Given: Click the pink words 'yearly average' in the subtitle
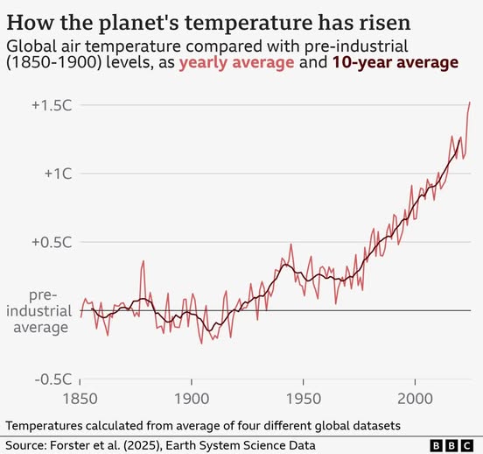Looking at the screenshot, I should pyautogui.click(x=229, y=62).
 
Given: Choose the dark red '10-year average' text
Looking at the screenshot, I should pyautogui.click(x=397, y=62).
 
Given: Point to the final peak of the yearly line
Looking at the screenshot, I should pyautogui.click(x=470, y=103).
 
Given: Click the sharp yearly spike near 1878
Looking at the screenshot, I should pyautogui.click(x=143, y=262).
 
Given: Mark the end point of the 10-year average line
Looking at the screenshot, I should pyautogui.click(x=458, y=138).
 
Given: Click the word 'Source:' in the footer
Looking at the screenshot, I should pyautogui.click(x=27, y=444).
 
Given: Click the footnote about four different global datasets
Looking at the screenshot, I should pyautogui.click(x=203, y=425).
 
